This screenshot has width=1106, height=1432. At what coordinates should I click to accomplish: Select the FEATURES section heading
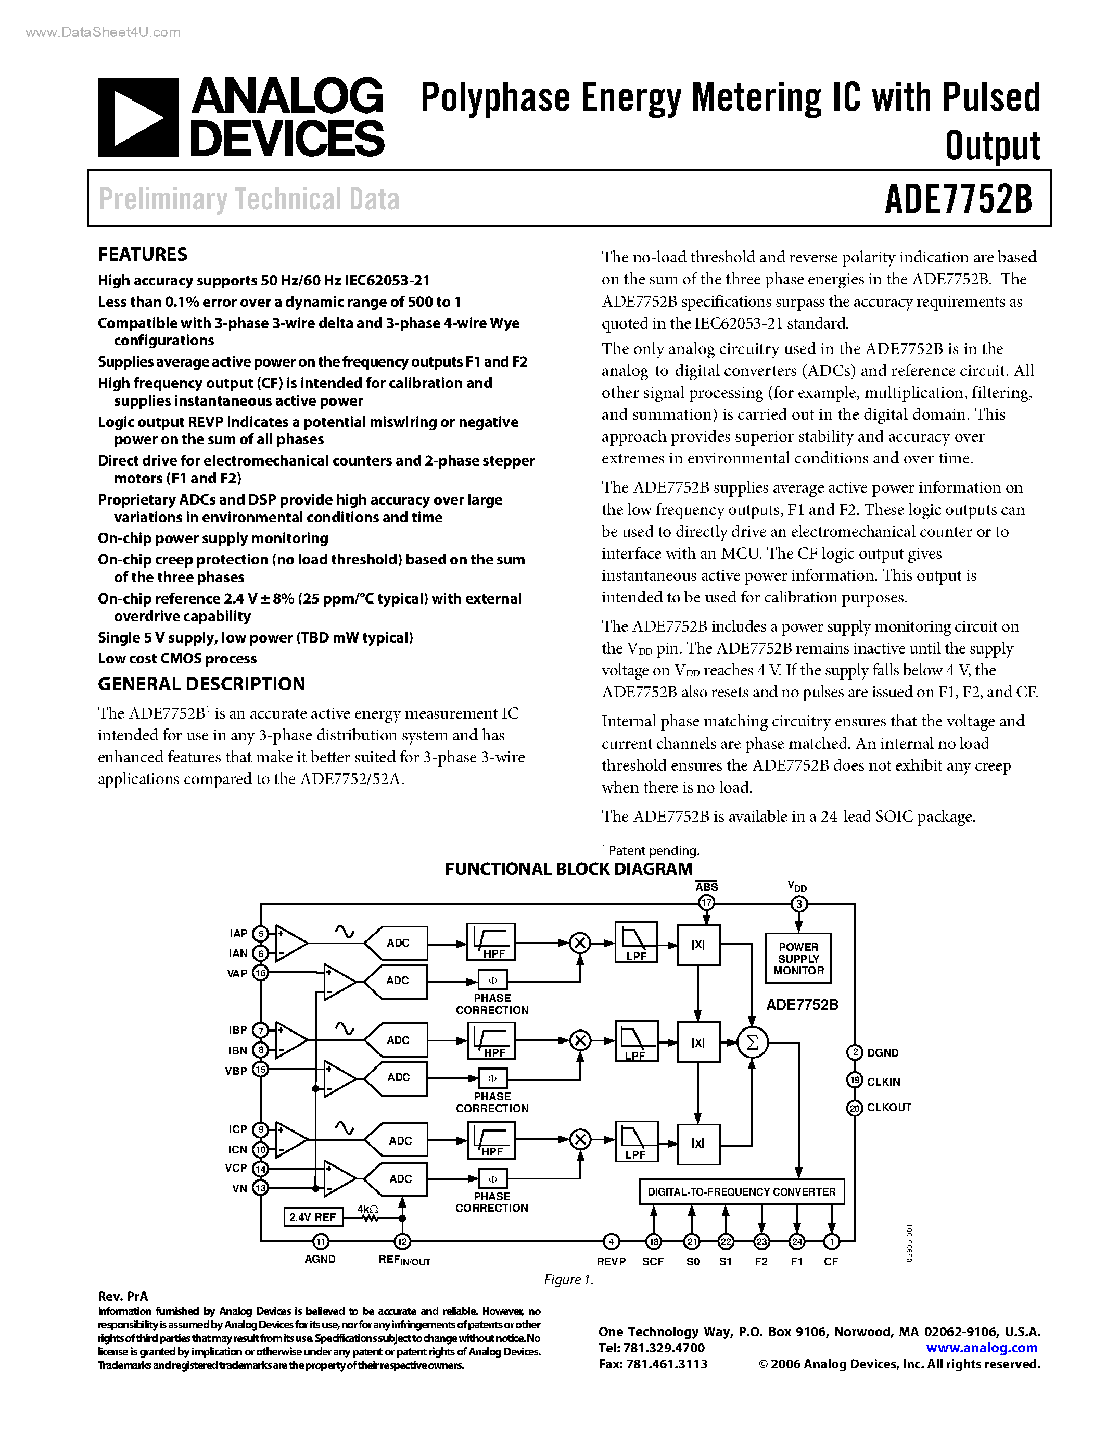pyautogui.click(x=142, y=255)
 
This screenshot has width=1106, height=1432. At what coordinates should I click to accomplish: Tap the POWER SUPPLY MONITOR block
pyautogui.click(x=798, y=959)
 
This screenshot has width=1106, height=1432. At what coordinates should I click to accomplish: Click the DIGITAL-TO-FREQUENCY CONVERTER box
pyautogui.click(x=741, y=1191)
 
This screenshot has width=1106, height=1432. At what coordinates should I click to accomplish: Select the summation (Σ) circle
pyautogui.click(x=752, y=1042)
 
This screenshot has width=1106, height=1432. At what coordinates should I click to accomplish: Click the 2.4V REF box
pyautogui.click(x=312, y=1217)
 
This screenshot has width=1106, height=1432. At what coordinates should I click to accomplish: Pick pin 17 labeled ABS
pyautogui.click(x=706, y=903)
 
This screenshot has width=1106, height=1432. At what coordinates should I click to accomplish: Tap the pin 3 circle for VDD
pyautogui.click(x=798, y=904)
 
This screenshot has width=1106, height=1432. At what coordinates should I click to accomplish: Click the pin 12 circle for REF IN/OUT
pyautogui.click(x=402, y=1241)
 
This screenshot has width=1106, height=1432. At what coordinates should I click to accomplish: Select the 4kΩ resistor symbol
pyautogui.click(x=370, y=1217)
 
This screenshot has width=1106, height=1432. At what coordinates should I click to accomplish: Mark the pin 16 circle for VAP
pyautogui.click(x=261, y=973)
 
